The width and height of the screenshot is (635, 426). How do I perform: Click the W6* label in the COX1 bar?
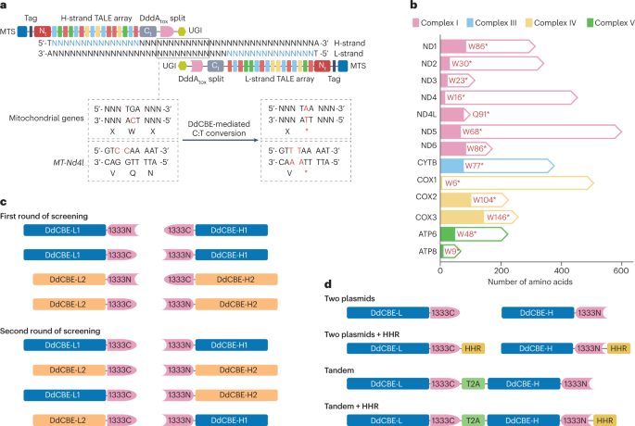click(453, 182)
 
